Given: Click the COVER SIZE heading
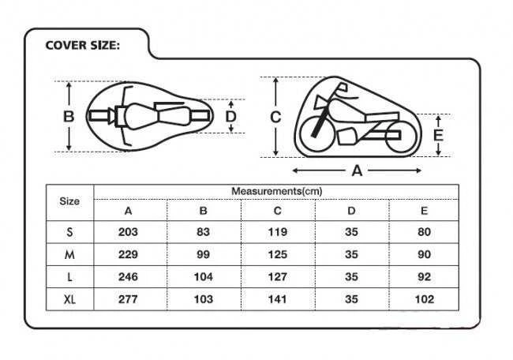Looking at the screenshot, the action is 82,45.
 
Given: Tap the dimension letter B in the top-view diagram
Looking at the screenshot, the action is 69,117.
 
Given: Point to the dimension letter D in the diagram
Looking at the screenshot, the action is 231,117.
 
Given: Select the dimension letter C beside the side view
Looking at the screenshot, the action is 275,117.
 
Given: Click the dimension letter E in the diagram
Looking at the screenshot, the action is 438,135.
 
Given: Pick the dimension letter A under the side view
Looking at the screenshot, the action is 357,171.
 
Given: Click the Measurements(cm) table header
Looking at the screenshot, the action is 277,191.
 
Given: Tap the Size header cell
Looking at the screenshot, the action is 69,201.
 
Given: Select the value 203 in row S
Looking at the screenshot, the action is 128,232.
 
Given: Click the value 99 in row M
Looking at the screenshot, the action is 203,254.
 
